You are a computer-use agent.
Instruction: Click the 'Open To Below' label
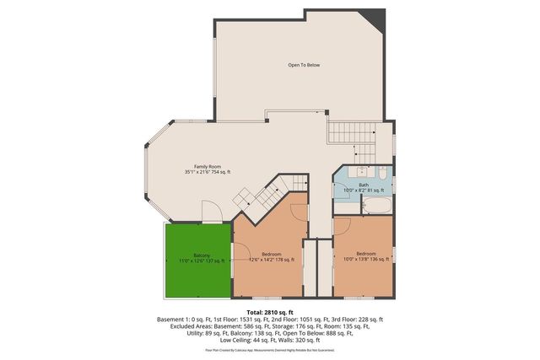pyautogui.click(x=304, y=65)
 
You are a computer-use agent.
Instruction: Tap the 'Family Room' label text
pyautogui.click(x=208, y=167)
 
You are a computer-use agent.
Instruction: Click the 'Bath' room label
pyautogui.click(x=363, y=185)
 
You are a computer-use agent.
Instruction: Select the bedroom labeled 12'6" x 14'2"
pyautogui.click(x=271, y=256)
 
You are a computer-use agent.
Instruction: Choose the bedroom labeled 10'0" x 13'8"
pyautogui.click(x=365, y=256)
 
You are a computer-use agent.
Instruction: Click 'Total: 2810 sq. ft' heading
pyautogui.click(x=270, y=312)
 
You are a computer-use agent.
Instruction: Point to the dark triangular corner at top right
pyautogui.click(x=372, y=18)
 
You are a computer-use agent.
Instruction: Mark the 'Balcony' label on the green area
pyautogui.click(x=202, y=255)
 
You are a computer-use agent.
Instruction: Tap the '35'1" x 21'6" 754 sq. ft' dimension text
pyautogui.click(x=208, y=172)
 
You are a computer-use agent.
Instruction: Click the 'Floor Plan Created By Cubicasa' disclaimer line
pyautogui.click(x=270, y=349)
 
